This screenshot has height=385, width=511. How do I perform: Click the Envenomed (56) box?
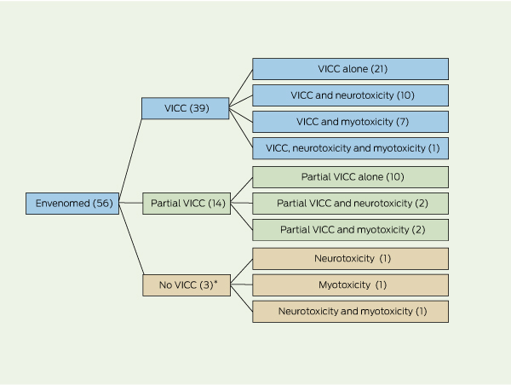tap(72, 203)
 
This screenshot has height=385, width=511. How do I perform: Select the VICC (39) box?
tap(185, 109)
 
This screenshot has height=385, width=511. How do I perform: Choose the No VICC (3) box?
tap(185, 285)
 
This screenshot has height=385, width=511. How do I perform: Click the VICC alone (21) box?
tap(350, 69)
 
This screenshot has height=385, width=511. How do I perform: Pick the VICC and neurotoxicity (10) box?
tap(350, 95)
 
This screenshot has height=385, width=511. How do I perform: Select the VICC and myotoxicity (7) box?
tap(350, 122)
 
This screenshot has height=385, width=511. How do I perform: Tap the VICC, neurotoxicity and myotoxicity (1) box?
tap(350, 148)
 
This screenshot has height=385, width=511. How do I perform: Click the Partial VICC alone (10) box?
tap(350, 176)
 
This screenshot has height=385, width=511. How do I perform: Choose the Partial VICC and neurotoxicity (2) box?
tap(350, 203)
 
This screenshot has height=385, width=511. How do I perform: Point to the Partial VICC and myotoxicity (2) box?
tap(350, 229)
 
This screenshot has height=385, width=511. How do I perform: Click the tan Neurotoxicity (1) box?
tap(350, 259)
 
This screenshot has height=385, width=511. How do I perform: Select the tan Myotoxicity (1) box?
tap(350, 285)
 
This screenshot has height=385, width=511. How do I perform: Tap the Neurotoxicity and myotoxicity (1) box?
tap(350, 312)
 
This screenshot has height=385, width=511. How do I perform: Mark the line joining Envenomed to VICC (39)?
tap(129, 157)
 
